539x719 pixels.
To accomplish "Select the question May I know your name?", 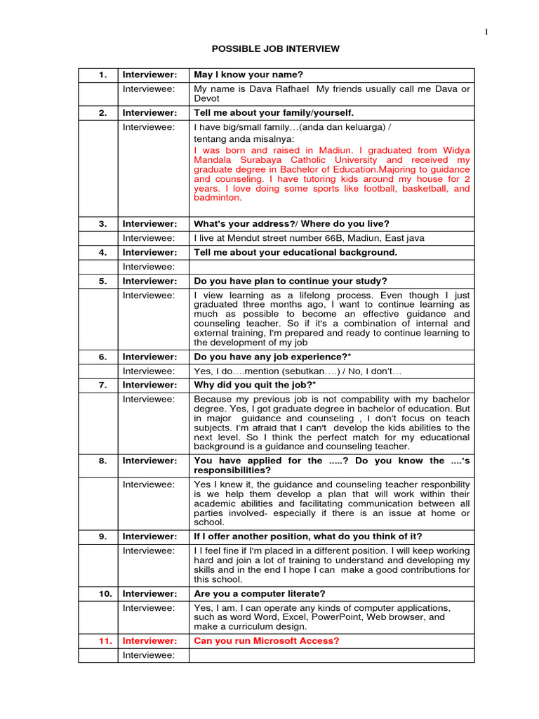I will tap(248, 75).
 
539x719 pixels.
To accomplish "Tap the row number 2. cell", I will tap(102, 113).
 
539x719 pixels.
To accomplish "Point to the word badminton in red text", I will tap(217, 197).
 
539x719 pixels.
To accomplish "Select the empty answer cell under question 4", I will tap(331, 266).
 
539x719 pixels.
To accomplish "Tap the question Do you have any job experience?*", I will tap(272, 357).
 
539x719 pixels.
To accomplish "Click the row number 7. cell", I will tap(102, 385).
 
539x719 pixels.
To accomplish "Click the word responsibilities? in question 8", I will tap(227, 470).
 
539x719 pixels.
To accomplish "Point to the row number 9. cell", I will tap(102, 536).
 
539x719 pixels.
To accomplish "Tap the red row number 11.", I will tap(102, 640).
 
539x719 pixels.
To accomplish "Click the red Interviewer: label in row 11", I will tap(149, 640).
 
